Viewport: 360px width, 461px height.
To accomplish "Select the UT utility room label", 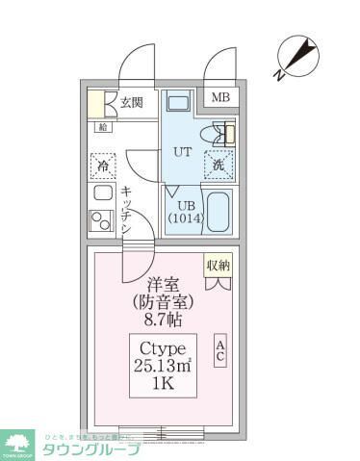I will click(x=181, y=151).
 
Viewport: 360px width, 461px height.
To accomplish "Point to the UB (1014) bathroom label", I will click(x=186, y=212).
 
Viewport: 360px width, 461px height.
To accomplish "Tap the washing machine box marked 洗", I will click(x=219, y=165).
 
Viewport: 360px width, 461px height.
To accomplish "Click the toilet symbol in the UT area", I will click(x=218, y=135).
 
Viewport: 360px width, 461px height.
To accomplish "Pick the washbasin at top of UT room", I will click(x=178, y=102).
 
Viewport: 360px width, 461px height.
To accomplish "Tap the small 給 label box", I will click(x=102, y=127).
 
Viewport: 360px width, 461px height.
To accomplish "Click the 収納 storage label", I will click(x=218, y=265).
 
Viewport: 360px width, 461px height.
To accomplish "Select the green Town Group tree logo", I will click(x=18, y=442).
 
